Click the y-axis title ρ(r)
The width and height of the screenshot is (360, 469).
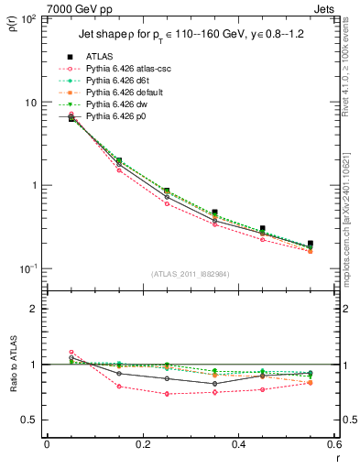tap(13, 23)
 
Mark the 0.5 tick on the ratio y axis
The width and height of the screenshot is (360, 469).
tap(33, 420)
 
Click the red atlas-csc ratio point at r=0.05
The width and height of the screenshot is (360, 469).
tap(71, 352)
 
